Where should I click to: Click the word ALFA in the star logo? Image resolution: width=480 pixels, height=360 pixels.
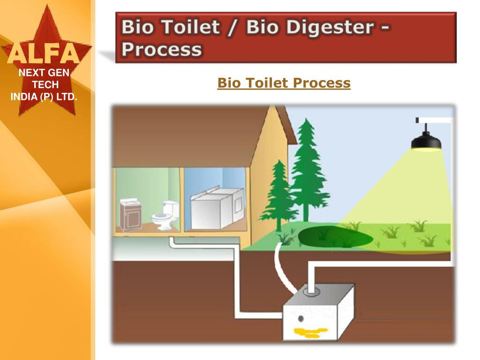(43, 54)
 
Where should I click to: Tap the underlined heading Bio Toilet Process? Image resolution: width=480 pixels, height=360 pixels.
(284, 83)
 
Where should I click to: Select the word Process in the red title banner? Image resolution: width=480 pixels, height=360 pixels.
(162, 49)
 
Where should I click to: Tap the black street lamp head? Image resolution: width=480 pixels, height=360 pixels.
(426, 141)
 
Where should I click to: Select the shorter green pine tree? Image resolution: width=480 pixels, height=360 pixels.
(280, 192)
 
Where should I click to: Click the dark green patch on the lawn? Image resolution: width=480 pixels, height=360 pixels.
(335, 237)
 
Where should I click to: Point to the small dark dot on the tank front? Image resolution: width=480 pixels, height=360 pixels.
(300, 319)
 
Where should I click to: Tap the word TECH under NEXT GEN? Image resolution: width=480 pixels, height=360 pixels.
(45, 85)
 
